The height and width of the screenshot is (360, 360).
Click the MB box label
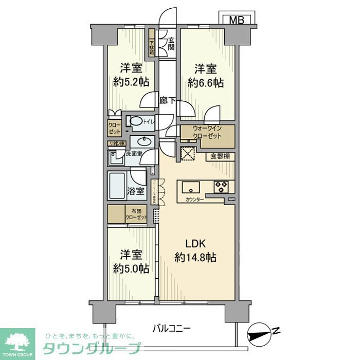[236, 20]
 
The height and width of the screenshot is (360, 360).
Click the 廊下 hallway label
[167, 101]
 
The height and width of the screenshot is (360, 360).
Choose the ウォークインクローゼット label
[207, 132]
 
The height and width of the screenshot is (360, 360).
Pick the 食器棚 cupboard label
[220, 156]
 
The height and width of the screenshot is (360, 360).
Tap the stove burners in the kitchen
[222, 186]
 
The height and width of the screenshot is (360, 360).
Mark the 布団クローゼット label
[136, 214]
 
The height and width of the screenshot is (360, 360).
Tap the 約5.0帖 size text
[131, 268]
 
